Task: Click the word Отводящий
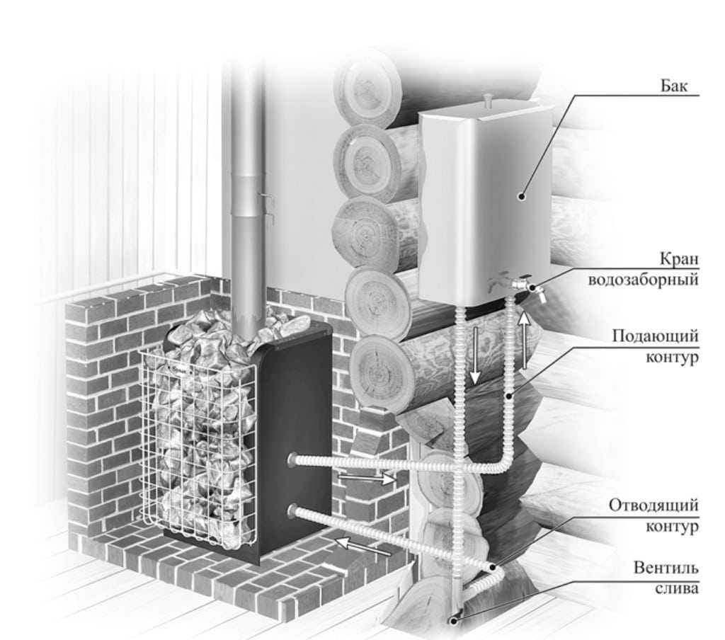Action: pyautogui.click(x=654, y=506)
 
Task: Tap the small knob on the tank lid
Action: pyautogui.click(x=486, y=98)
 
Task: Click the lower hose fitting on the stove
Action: pyautogui.click(x=292, y=510)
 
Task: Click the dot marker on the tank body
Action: pyautogui.click(x=521, y=196)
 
